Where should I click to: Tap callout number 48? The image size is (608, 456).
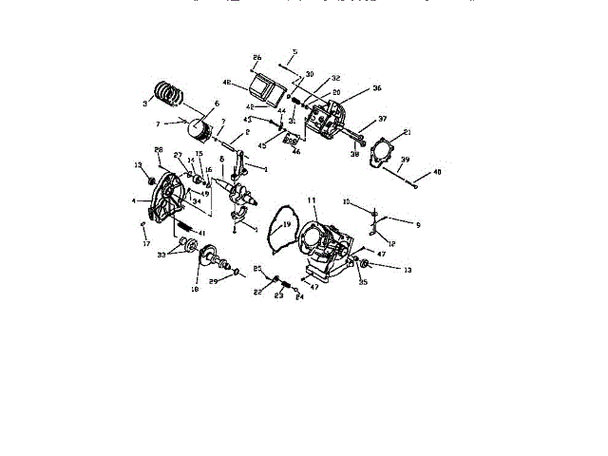[x=227, y=83]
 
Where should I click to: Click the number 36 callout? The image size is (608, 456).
[x=376, y=88]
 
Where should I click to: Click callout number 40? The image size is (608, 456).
[x=437, y=172]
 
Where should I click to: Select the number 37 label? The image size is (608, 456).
[x=383, y=120]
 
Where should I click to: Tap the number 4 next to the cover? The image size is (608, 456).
[x=135, y=200]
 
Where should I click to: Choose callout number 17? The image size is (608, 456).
[x=145, y=244]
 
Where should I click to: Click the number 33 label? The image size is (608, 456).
[x=162, y=255]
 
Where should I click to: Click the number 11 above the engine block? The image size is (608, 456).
[x=310, y=201]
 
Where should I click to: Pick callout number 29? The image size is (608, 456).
[x=214, y=282]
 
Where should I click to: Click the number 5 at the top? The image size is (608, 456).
[x=294, y=51]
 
